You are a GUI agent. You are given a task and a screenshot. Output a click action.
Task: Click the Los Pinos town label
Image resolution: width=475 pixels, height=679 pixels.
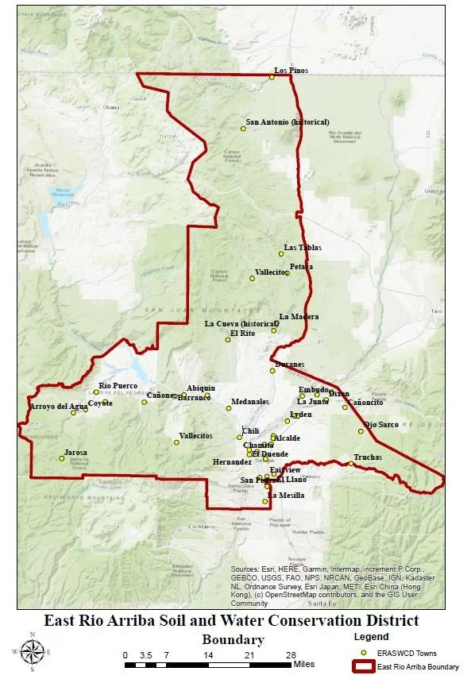[291, 71]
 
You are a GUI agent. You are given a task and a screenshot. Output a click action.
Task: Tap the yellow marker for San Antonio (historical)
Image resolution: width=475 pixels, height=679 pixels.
[243, 129]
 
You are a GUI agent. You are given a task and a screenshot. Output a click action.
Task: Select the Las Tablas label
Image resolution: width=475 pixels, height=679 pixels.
[303, 248]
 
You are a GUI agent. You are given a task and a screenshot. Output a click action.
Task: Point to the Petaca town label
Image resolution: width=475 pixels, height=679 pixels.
[301, 267]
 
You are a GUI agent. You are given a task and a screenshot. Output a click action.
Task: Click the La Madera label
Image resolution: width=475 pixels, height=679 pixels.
[299, 317]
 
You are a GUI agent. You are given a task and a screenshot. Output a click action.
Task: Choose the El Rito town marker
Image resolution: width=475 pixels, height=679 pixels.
[228, 340]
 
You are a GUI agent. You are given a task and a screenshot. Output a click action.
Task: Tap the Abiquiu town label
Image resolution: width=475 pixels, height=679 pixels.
[201, 388]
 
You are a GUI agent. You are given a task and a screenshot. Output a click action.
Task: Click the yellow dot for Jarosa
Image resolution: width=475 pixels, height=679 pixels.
[61, 458]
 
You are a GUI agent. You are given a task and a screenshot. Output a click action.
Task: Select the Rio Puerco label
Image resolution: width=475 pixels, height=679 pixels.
[118, 386]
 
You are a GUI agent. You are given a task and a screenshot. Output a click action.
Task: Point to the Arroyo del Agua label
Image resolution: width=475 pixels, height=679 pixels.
[58, 407]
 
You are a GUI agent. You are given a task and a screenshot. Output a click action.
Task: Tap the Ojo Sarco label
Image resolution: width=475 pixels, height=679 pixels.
[381, 425]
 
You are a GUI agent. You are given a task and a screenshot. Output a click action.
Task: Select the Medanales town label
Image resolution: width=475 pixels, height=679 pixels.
[250, 402]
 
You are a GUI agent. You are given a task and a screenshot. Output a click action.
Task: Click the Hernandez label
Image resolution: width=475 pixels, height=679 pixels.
[233, 461]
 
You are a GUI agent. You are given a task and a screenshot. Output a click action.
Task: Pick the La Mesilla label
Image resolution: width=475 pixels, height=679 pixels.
[284, 496]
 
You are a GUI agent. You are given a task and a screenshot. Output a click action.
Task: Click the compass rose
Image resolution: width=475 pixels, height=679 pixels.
[32, 652]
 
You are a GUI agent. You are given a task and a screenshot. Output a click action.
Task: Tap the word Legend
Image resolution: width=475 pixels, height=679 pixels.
[369, 636]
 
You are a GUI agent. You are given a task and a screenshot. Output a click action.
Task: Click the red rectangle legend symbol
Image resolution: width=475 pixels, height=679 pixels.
[363, 666]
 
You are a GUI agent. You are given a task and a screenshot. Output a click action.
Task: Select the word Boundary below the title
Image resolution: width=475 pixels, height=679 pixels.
[233, 639]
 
